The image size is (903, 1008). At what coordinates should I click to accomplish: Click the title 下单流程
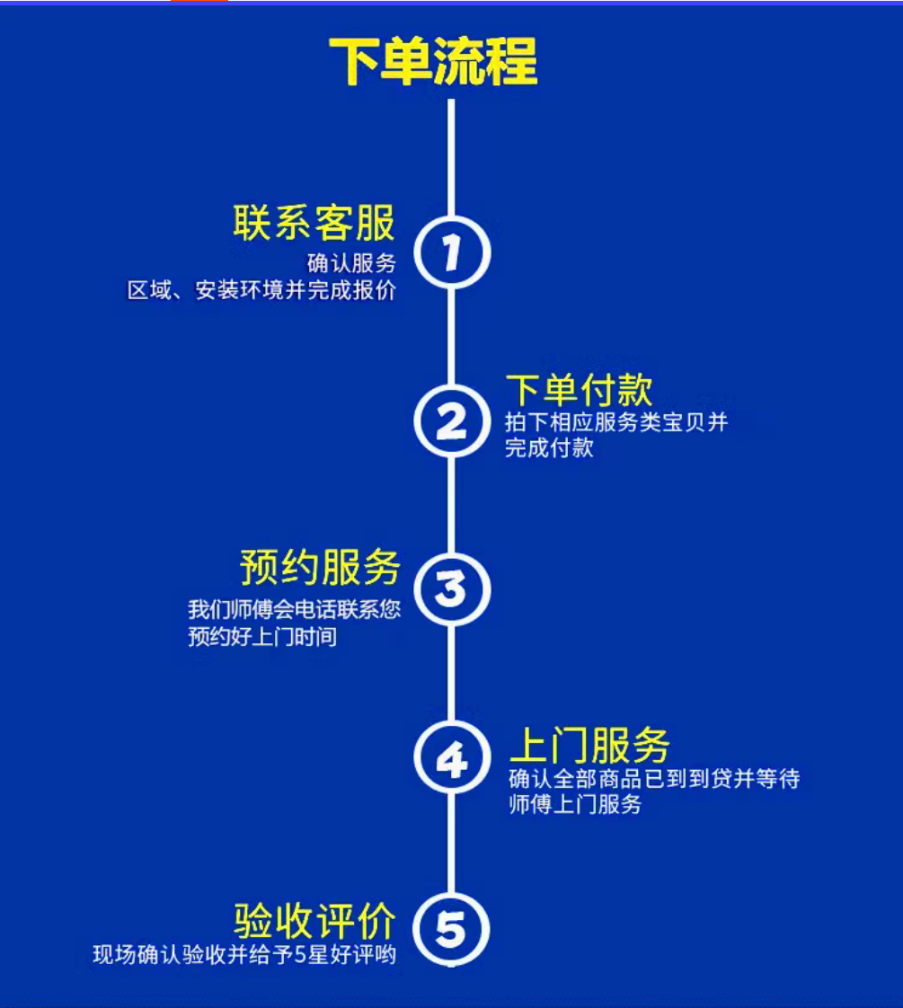tap(432, 61)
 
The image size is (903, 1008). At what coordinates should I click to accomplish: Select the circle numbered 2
tap(452, 420)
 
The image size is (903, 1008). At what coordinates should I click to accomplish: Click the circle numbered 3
tap(452, 589)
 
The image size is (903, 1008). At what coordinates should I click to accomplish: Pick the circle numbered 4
tap(452, 758)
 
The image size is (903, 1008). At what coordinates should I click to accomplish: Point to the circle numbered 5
tap(452, 927)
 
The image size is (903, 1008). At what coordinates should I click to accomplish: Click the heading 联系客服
tap(314, 223)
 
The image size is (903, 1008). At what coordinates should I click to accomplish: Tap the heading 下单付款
tap(579, 391)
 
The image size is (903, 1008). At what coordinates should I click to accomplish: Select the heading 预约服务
tap(320, 568)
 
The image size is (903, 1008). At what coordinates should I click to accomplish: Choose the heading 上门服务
tap(589, 746)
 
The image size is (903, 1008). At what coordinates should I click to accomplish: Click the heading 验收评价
tap(314, 919)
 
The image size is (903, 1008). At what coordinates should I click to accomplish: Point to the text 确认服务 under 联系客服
tap(351, 264)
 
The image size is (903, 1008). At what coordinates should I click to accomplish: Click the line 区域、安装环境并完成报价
tap(261, 291)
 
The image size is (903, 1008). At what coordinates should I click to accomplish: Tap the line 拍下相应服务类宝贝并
tap(616, 422)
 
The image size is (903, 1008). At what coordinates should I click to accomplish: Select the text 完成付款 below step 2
tap(549, 447)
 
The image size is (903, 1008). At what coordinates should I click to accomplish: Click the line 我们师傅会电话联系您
tap(294, 610)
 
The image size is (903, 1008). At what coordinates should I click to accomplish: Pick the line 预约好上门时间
tap(262, 638)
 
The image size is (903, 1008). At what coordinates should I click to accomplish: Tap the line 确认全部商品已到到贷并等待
tap(654, 778)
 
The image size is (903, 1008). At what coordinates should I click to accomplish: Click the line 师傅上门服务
tap(575, 805)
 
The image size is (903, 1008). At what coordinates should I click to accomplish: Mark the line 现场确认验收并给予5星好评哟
tap(244, 954)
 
